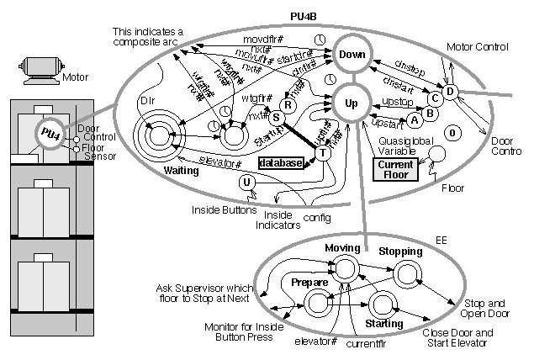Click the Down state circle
[x=351, y=56]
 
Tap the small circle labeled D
[x=450, y=92]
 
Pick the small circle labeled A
[x=414, y=120]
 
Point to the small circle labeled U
[x=246, y=182]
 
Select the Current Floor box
[x=394, y=169]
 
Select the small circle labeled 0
[x=452, y=133]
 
